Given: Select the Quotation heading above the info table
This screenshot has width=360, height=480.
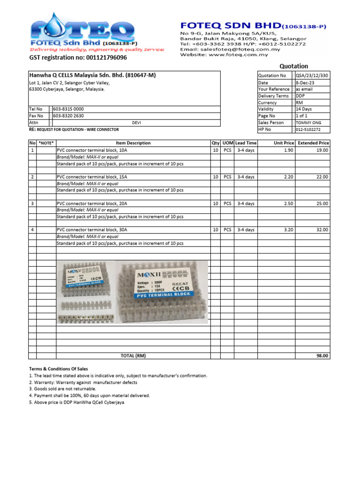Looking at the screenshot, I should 294,66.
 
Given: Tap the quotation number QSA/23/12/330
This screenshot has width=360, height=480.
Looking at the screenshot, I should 312,75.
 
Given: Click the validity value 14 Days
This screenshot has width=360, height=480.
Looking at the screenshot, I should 304,109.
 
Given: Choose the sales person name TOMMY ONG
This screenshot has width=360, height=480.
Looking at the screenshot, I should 308,122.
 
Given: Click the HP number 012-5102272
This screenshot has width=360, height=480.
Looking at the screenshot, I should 308,129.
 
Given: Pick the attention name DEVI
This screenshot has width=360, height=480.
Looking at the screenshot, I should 136,122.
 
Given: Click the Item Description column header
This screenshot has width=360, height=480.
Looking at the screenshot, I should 133,143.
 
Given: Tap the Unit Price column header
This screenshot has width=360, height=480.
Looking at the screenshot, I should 284,143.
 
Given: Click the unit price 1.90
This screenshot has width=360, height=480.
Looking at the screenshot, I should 289,150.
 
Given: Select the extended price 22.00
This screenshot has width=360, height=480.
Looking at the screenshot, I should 322,177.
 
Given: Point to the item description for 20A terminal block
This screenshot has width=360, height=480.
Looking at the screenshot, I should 92,203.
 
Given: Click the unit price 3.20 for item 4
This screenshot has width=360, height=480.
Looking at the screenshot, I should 289,230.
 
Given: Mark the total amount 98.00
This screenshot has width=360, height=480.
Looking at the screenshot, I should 322,356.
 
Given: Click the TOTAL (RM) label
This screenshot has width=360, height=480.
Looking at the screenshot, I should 133,356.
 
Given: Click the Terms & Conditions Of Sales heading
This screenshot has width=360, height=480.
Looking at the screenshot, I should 59,369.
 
